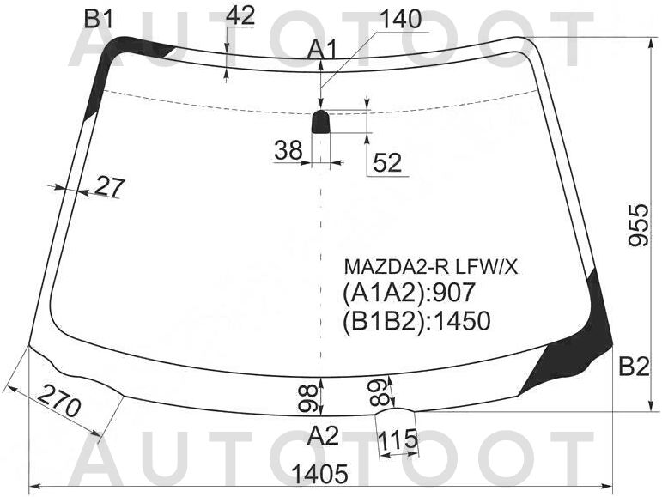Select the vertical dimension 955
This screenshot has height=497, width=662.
(x=637, y=225)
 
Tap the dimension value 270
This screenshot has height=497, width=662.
(x=60, y=400)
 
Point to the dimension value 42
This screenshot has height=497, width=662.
(x=244, y=15)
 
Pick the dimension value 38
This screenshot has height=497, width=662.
(x=288, y=151)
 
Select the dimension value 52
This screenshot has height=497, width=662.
(x=388, y=162)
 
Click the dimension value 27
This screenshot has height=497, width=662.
(x=110, y=186)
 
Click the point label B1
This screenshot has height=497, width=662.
(x=99, y=17)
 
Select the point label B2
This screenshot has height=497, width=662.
(x=633, y=367)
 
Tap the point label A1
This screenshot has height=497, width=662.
(x=323, y=51)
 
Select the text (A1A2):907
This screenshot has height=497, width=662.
(x=409, y=293)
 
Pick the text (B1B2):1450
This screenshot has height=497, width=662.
(x=416, y=321)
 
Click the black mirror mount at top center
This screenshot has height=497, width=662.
(x=321, y=122)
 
